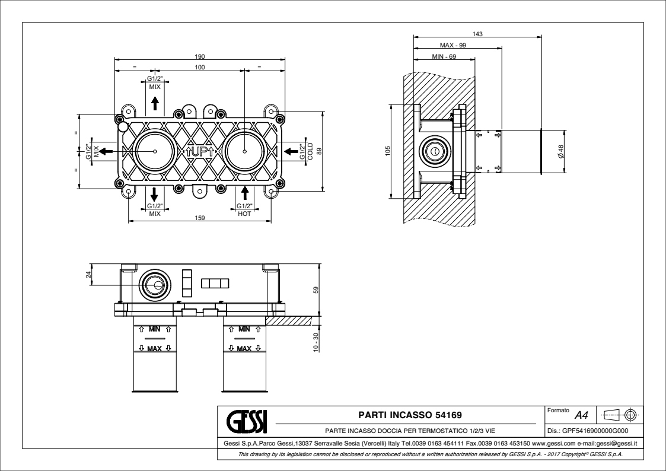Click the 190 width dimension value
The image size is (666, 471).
click(200, 56)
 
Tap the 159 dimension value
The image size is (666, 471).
click(200, 218)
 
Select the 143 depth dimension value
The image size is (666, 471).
click(477, 34)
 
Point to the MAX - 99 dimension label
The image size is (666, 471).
click(453, 45)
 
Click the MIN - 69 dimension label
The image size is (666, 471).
click(444, 56)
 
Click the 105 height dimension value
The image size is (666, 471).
click(387, 152)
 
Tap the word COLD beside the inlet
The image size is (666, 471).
click(310, 152)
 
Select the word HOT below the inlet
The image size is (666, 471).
click(244, 214)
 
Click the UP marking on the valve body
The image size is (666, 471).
click(200, 152)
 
